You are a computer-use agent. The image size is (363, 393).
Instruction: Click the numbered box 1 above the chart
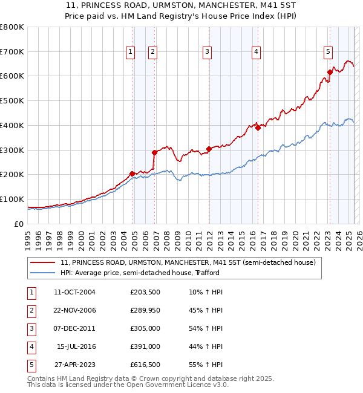[130, 53]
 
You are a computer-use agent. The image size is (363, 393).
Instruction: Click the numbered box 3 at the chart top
[207, 53]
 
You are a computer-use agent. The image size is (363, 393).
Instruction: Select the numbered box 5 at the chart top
[328, 53]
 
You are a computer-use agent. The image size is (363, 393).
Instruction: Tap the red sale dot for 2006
[154, 152]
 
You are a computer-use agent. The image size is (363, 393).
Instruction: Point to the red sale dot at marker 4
[258, 128]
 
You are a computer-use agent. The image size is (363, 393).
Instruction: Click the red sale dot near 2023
[330, 72]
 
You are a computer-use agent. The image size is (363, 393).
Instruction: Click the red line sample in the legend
[43, 263]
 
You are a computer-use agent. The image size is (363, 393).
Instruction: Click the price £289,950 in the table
[145, 310]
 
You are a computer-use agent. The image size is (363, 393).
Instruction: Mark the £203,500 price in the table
[145, 292]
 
